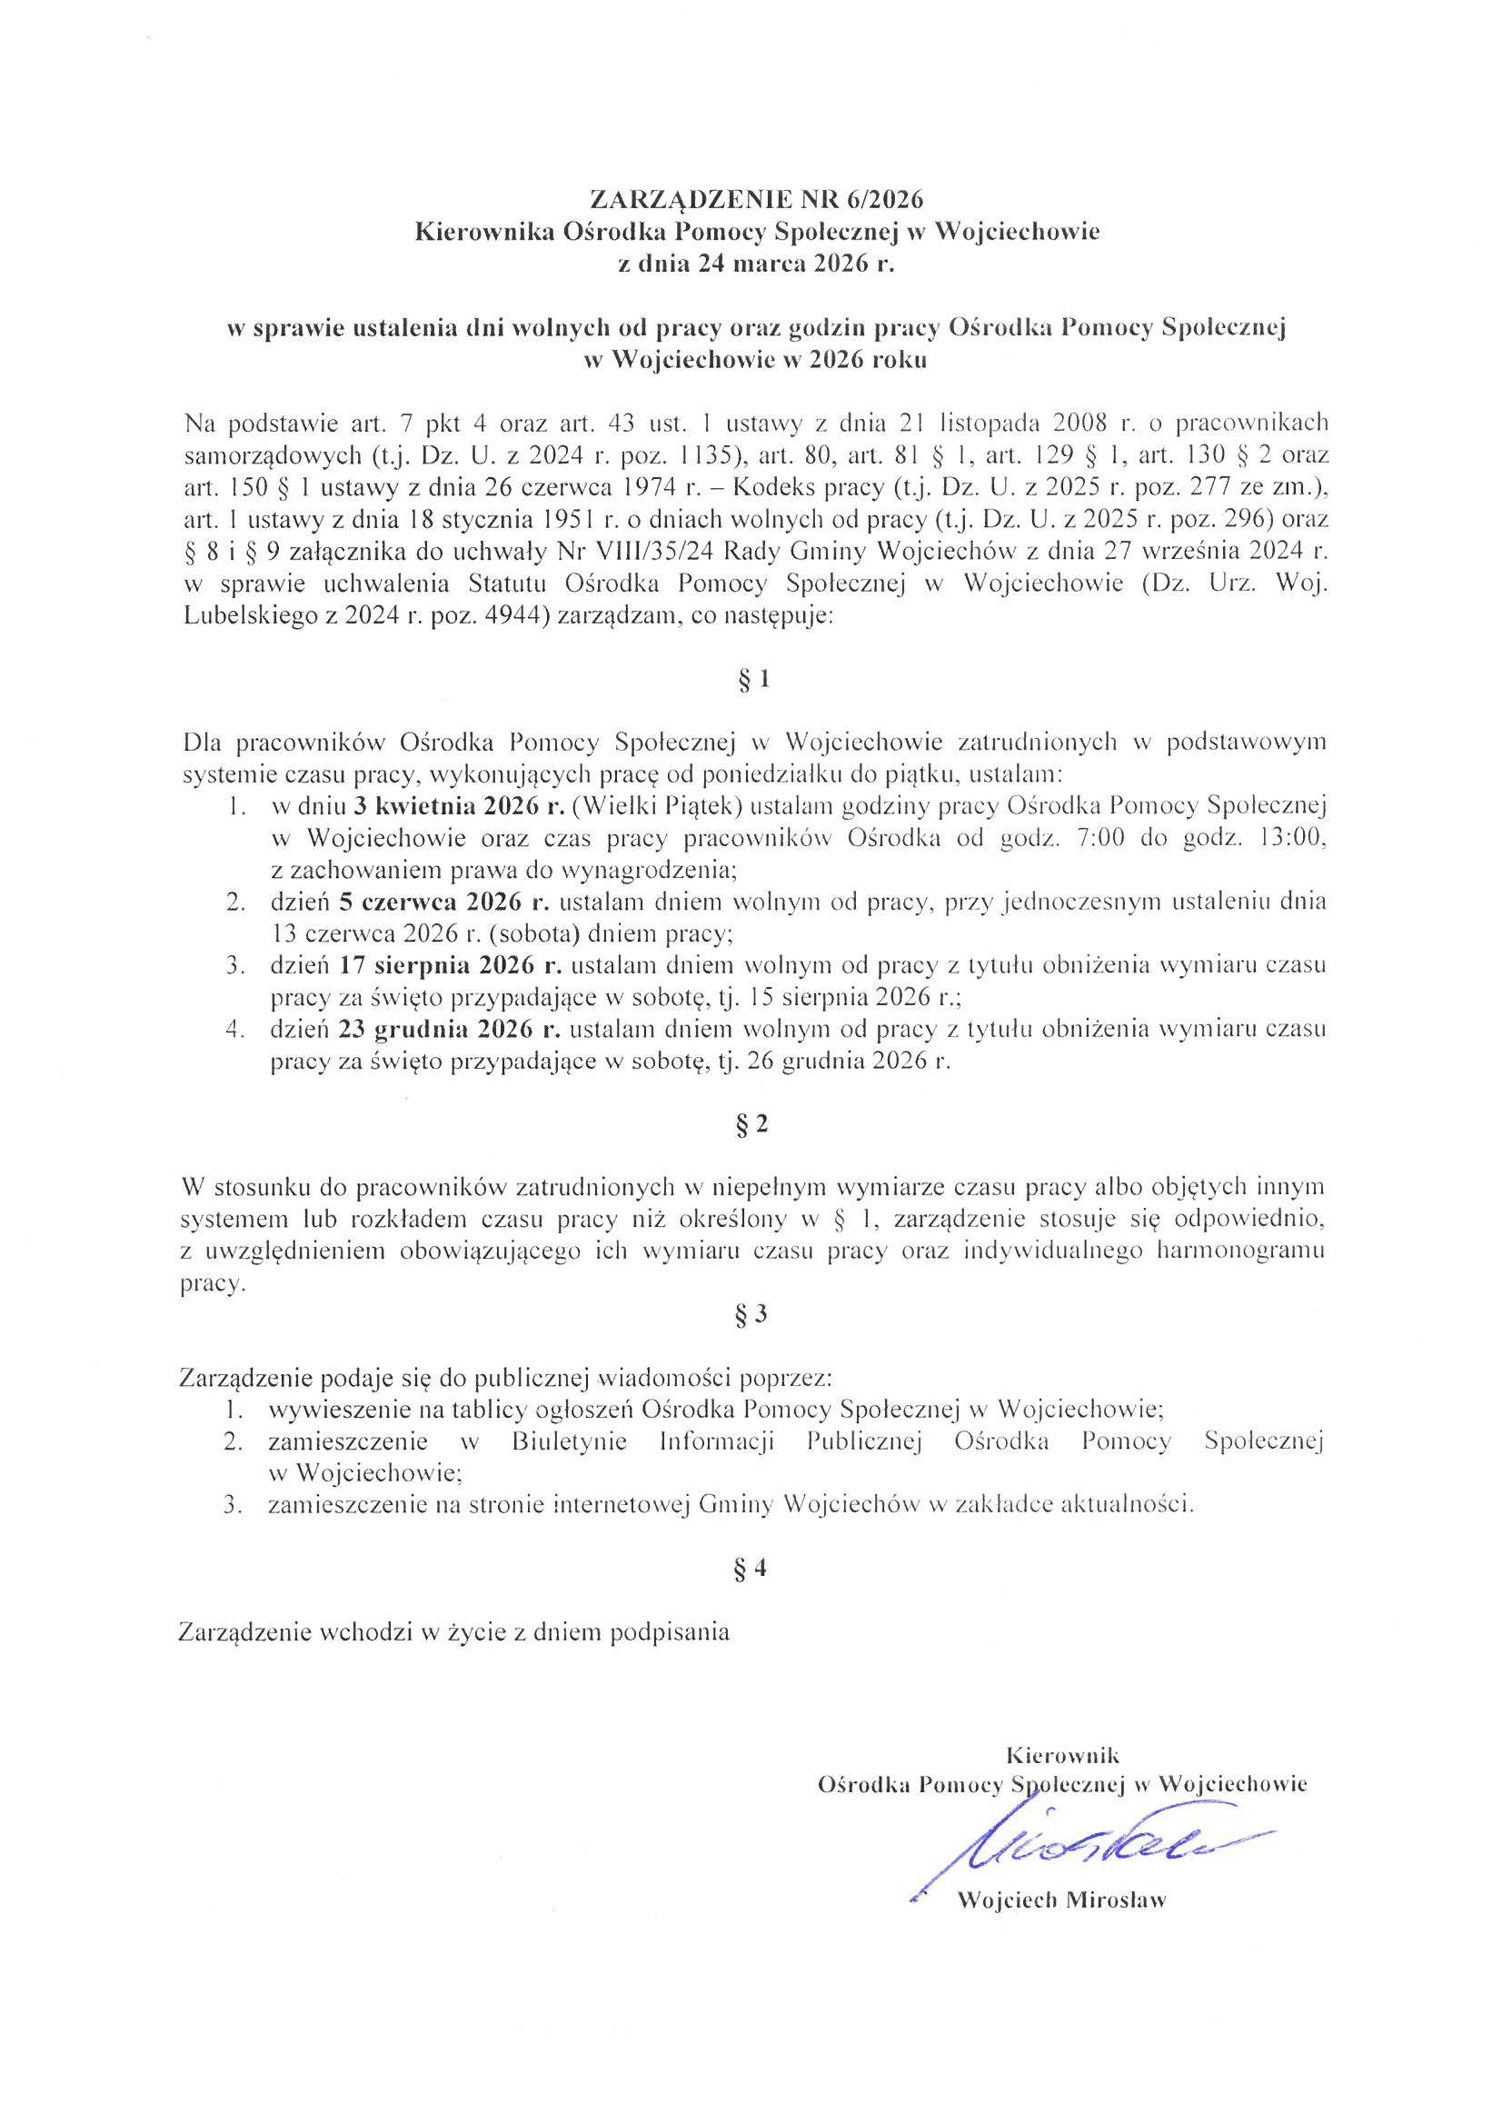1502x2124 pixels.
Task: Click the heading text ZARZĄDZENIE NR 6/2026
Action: (x=757, y=199)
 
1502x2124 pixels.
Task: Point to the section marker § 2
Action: (x=753, y=1124)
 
